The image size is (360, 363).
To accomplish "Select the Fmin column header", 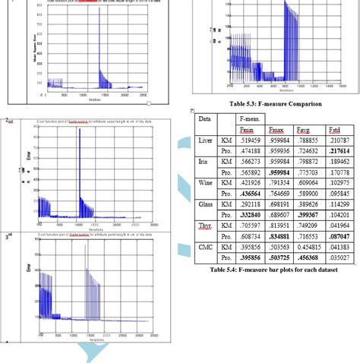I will [x=248, y=130].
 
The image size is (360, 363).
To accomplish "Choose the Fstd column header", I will [x=335, y=130].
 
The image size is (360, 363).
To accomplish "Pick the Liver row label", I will [x=205, y=140].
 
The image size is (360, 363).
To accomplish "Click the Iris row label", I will [x=204, y=162].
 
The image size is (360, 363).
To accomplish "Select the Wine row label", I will [x=205, y=183].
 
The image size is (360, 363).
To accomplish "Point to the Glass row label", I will [x=205, y=204].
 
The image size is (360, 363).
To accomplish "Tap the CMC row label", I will [x=205, y=247].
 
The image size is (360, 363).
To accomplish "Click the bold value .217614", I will [x=338, y=151].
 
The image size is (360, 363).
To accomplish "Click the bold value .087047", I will [x=338, y=236].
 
